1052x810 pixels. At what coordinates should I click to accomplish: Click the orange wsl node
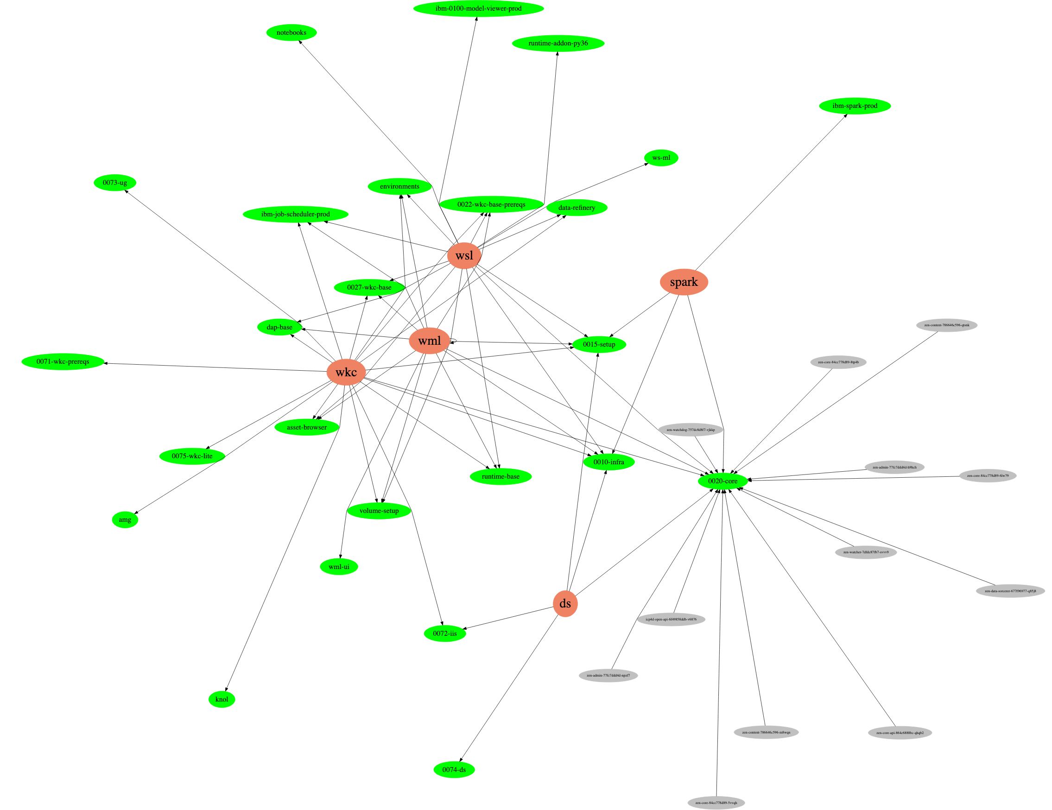tap(464, 256)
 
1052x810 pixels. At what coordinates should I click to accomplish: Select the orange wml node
tap(429, 341)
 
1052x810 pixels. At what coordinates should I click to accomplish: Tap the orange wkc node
tap(346, 372)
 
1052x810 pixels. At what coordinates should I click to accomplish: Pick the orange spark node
tap(684, 282)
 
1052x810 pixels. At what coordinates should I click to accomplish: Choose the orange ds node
tap(565, 603)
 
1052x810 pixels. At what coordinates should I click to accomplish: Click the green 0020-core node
tap(722, 481)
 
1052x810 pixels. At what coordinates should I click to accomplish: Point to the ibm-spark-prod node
tap(855, 106)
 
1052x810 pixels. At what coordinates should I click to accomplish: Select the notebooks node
tap(292, 33)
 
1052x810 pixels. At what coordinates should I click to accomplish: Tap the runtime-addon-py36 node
tap(558, 44)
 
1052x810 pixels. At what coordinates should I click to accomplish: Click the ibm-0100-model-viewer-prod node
tap(478, 9)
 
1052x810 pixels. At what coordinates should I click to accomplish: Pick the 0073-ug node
tap(114, 183)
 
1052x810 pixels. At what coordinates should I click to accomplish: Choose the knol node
tap(222, 699)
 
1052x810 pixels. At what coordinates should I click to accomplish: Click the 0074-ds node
tap(454, 770)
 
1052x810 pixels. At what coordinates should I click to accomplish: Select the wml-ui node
tap(339, 567)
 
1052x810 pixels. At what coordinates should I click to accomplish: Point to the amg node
tap(125, 519)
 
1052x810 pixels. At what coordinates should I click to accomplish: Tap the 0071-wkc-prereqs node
tap(63, 361)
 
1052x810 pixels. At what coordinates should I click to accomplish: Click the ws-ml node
tap(661, 158)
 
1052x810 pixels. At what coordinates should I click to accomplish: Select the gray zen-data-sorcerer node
tap(1010, 591)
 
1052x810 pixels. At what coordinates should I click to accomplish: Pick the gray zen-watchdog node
tap(690, 430)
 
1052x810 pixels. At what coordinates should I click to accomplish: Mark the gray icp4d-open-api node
tap(671, 619)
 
